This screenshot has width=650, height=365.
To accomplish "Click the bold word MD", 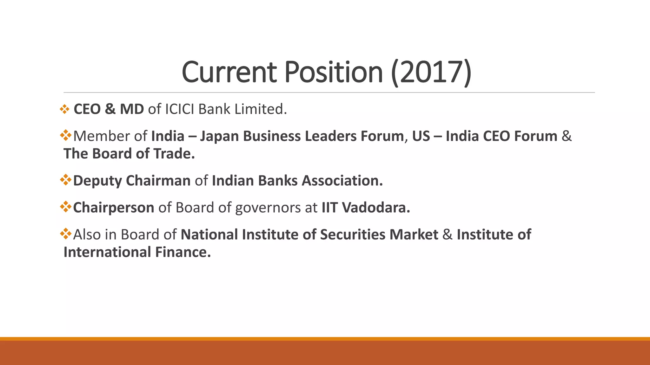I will tap(132, 109).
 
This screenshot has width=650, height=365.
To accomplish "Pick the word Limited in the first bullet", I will tap(260, 109).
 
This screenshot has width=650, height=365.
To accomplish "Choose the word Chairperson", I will tap(114, 208).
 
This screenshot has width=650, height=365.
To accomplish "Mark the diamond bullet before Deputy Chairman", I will tap(66, 180).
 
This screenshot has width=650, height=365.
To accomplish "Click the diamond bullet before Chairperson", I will tap(66, 207).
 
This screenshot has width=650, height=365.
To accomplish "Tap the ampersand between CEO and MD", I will tap(110, 109).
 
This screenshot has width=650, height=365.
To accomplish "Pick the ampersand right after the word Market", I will tap(448, 235).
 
